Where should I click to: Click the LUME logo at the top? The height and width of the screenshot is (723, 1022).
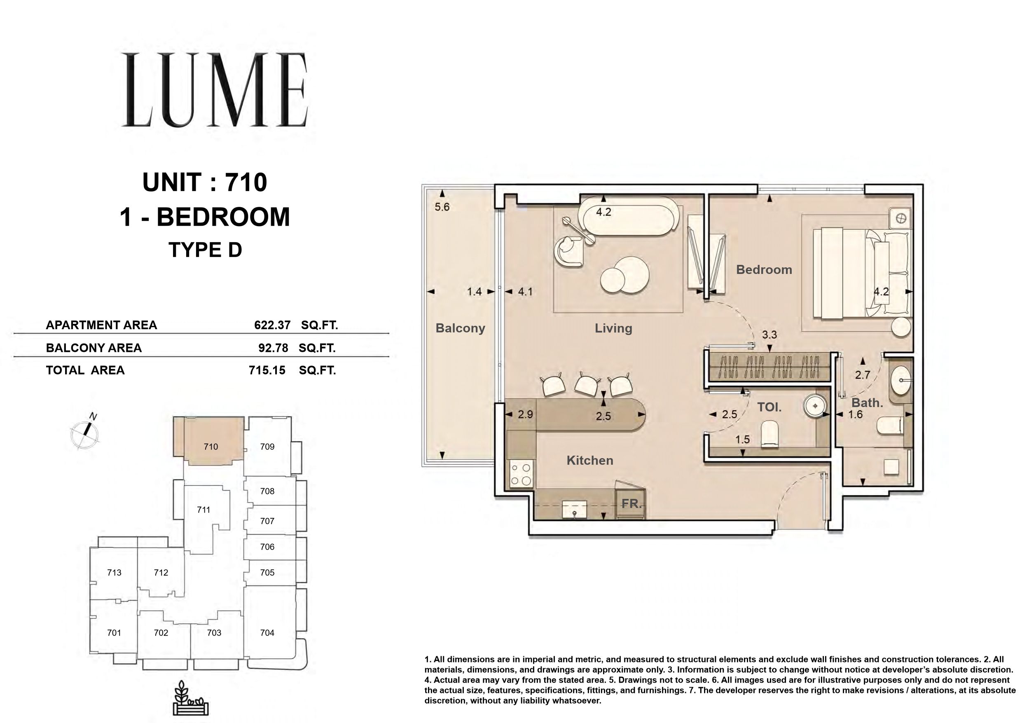pyautogui.click(x=215, y=90)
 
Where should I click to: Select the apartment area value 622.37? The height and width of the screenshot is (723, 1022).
pyautogui.click(x=272, y=325)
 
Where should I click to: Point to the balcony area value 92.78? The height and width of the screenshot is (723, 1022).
pyautogui.click(x=273, y=348)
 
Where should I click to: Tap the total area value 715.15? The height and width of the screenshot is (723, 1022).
pyautogui.click(x=267, y=370)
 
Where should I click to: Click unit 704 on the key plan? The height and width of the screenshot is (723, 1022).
pyautogui.click(x=267, y=633)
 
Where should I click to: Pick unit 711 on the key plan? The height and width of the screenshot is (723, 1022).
pyautogui.click(x=203, y=510)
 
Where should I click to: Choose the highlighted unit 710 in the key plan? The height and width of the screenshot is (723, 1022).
pyautogui.click(x=211, y=447)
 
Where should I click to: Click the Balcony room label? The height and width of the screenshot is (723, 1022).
pyautogui.click(x=460, y=328)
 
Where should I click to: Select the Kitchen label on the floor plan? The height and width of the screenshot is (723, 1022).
pyautogui.click(x=590, y=460)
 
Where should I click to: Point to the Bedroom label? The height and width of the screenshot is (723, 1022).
pyautogui.click(x=764, y=270)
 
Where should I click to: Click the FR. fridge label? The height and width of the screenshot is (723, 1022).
pyautogui.click(x=631, y=504)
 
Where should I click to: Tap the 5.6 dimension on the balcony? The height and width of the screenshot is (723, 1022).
pyautogui.click(x=442, y=207)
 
